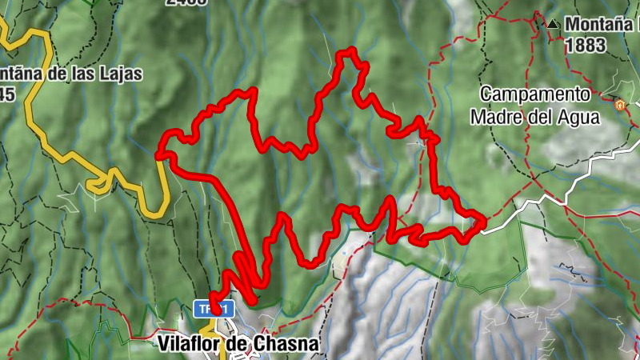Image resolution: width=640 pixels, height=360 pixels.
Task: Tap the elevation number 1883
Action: pos(585,45)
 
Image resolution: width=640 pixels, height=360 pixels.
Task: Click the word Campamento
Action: pos(534,94)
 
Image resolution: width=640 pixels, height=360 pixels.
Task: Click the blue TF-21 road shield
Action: pos(214,308)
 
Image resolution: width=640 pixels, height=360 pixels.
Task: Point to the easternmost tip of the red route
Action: pos(483,222)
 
